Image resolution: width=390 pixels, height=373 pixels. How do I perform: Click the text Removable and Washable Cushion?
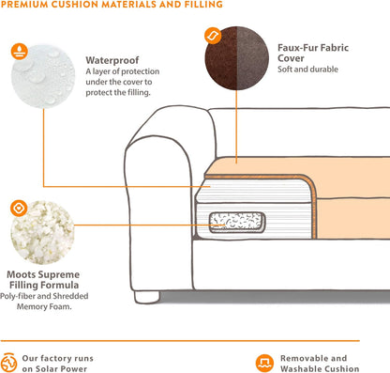(x=314, y=363)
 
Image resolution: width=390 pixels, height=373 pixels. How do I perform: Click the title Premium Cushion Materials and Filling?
(x=112, y=5)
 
